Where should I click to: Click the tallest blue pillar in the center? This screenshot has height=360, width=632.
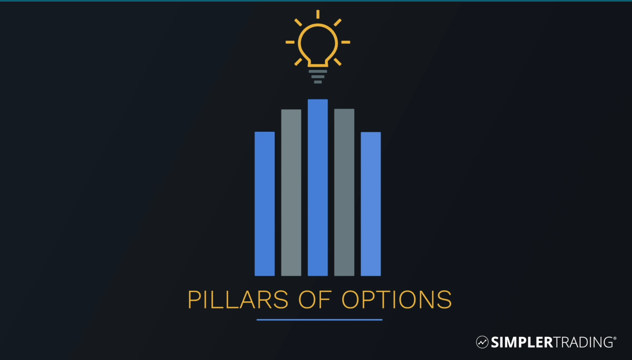tap(318, 187)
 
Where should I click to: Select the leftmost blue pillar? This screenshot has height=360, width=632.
tap(265, 204)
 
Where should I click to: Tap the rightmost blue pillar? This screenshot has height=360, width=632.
tap(371, 204)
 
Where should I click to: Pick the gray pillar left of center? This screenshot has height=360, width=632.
tap(291, 193)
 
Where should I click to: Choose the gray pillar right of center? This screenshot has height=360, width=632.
tap(344, 192)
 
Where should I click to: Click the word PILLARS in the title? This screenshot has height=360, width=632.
tap(238, 300)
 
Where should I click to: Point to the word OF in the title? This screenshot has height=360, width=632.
tap(315, 300)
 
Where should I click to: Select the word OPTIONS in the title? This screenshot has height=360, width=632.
tap(397, 300)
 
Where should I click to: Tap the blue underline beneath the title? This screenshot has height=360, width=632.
tap(319, 320)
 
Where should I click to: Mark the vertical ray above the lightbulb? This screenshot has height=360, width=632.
tap(318, 14)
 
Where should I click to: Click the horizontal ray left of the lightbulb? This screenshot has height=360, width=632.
tap(290, 42)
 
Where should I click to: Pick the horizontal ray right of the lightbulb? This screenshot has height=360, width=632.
tap(346, 42)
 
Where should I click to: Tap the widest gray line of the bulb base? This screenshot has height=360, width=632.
tap(318, 71)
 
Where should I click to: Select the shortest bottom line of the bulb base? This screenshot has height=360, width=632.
tap(318, 82)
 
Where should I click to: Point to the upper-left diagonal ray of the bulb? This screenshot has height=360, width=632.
tap(298, 22)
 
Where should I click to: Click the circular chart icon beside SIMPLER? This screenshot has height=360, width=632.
tap(482, 342)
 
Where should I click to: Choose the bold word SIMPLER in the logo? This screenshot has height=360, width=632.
tap(522, 342)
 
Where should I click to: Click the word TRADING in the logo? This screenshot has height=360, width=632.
tap(583, 342)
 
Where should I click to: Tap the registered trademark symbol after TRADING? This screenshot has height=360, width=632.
tap(615, 338)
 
